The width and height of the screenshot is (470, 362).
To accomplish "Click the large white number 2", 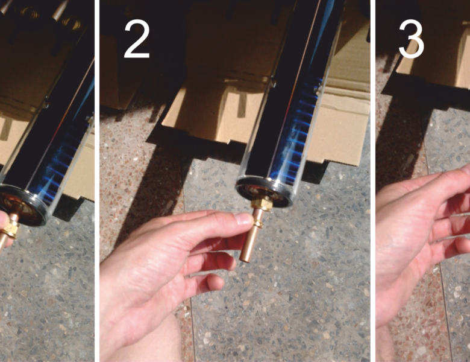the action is [137, 39].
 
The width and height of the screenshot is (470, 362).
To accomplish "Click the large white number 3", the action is [411, 39].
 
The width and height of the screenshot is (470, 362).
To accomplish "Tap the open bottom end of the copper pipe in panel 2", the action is [245, 259].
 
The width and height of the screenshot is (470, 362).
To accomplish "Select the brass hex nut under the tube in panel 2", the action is [260, 202].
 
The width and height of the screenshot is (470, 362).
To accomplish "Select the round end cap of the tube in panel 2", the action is [265, 192].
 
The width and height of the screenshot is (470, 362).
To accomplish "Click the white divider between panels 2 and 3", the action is [372, 181].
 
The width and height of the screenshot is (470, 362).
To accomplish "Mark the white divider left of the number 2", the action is [97, 181].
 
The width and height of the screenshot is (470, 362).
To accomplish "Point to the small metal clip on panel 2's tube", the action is [274, 81].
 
